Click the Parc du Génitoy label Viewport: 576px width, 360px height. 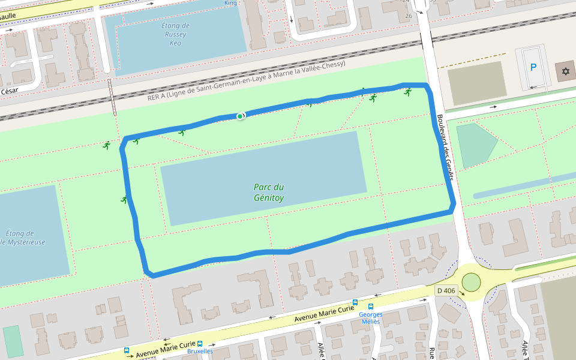[x=268, y=192]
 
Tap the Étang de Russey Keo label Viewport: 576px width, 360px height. [x=175, y=34]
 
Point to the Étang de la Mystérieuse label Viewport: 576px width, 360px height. [x=21, y=238]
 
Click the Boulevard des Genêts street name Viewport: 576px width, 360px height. [x=446, y=142]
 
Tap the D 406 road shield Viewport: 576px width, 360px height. [x=446, y=290]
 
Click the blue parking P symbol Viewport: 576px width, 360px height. [x=533, y=67]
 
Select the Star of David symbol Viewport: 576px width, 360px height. [x=564, y=71]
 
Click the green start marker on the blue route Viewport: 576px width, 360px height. [x=240, y=116]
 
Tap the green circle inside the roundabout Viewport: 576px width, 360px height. [x=471, y=281]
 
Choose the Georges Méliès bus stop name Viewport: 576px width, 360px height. [x=370, y=318]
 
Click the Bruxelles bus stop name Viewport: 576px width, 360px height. [x=200, y=352]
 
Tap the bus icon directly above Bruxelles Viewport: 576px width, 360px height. [x=200, y=344]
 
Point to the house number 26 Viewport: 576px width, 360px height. [x=409, y=16]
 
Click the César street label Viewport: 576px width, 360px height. [x=10, y=91]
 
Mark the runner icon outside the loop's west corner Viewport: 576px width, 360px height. [x=107, y=145]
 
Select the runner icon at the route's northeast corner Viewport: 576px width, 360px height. [x=408, y=92]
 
